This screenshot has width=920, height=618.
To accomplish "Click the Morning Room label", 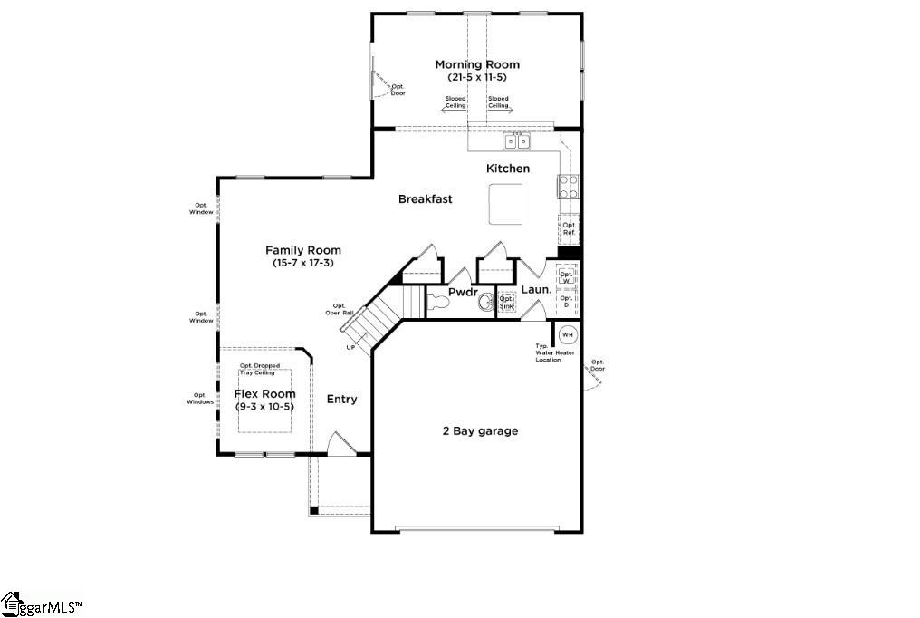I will tap(477, 64).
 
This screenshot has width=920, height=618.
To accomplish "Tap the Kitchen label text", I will tap(508, 169).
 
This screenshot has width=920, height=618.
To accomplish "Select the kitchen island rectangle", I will tap(505, 204).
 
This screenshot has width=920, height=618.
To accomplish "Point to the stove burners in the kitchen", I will tap(569, 187).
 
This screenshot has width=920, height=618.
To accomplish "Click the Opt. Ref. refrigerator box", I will tap(569, 228).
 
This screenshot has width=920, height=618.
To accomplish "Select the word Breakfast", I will tap(425, 199).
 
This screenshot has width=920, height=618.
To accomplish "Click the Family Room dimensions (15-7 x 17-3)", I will tap(302, 263).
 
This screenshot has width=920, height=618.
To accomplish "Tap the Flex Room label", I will tap(264, 394).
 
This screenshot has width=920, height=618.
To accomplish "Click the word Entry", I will tap(341, 400).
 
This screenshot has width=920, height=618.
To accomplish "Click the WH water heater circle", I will tap(567, 334).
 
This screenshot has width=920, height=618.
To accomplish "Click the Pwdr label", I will tap(463, 292).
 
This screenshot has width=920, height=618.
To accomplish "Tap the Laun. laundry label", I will tap(536, 290).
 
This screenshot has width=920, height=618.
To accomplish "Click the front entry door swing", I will tap(340, 443).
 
